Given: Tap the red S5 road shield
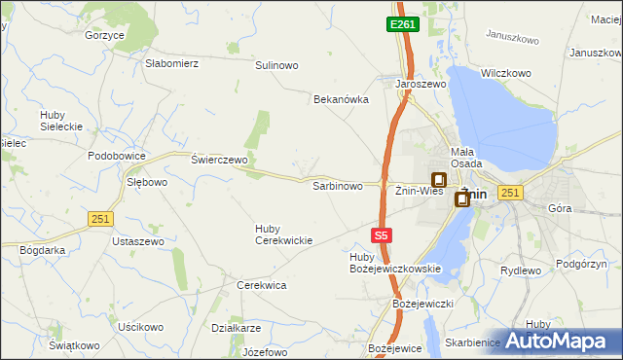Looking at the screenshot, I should pos(383,234).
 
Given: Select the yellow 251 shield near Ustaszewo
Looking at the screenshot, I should pos(99,219).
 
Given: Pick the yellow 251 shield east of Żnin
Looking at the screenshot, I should pos(509,194).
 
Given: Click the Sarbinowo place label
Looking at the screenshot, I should pos(337,185).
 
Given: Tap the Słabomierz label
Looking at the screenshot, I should pos(171,63).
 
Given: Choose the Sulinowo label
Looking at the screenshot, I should pos(276,65).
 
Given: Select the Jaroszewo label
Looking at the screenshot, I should pos(421,85).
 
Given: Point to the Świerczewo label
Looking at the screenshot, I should pos(219,160).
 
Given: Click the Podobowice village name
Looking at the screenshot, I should pos(116,156).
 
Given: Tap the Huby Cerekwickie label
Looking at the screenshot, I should pos(283,234).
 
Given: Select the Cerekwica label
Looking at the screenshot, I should pos(261,285).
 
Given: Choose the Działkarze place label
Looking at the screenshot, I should pos(235,328).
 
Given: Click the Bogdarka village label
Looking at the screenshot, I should pos(43,250).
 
